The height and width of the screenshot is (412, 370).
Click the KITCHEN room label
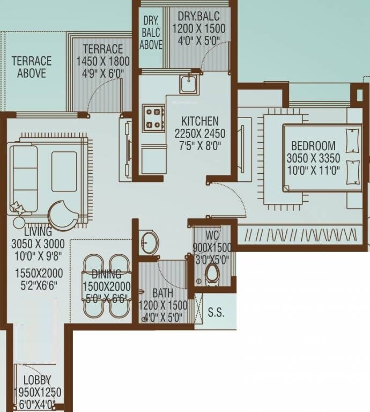(x=199, y=121)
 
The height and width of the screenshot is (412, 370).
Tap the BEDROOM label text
(x=314, y=146)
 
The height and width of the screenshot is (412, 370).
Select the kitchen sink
(x=188, y=84)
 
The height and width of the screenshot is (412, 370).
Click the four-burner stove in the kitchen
(x=153, y=118)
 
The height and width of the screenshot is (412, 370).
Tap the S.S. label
(x=216, y=313)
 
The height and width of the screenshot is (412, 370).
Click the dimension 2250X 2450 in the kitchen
(x=200, y=133)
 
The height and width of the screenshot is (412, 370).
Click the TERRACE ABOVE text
(x=32, y=67)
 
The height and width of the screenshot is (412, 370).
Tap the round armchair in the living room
(x=63, y=214)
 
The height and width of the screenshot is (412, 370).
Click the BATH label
(x=162, y=294)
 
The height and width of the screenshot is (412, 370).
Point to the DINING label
(x=106, y=275)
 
